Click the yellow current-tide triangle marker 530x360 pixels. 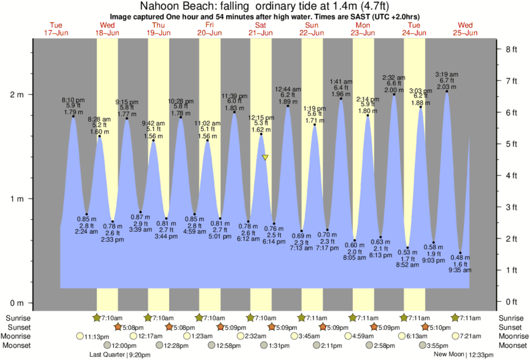(x=265, y=158)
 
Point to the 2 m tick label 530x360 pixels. (x=17, y=94)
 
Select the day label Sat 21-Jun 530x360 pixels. (x=261, y=29)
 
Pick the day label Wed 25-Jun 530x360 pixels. (x=466, y=29)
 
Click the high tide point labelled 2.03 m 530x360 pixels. (x=447, y=92)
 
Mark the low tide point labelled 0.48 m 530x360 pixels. (x=460, y=253)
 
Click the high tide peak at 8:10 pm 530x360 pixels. (x=74, y=117)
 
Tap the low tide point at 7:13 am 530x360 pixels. (x=302, y=231)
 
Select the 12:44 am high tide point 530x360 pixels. (x=288, y=106)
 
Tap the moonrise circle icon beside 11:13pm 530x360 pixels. (x=81, y=336)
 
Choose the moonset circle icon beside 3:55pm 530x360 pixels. (x=423, y=345)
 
